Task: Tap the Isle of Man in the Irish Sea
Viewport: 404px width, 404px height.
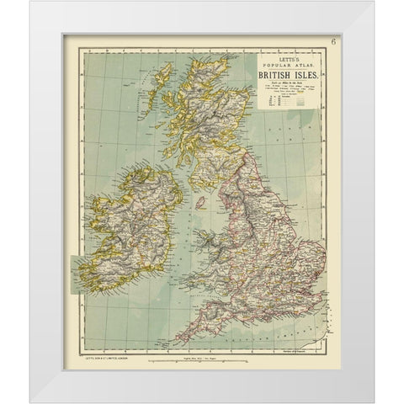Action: [x=200, y=203]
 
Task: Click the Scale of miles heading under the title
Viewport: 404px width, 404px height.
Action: [x=285, y=82]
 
